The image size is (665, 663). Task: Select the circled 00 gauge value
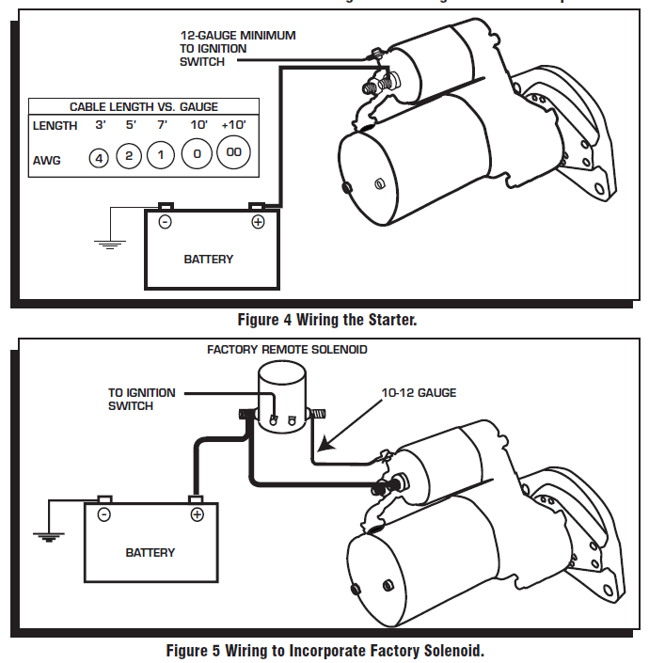point(234,153)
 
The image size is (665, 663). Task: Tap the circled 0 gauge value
point(197,155)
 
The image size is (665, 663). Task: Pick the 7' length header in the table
point(161,125)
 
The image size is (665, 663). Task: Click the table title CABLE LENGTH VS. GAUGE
point(144,107)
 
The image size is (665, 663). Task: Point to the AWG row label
point(46,160)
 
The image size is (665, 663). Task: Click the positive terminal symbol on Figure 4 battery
point(257,223)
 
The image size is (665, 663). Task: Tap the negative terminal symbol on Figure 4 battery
point(165,223)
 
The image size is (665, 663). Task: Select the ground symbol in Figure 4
point(110,245)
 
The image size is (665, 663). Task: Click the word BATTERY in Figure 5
point(150,552)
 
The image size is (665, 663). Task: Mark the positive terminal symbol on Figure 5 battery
point(197,514)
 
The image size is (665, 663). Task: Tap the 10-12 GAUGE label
point(420,392)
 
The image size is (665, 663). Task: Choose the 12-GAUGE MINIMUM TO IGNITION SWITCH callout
point(237,48)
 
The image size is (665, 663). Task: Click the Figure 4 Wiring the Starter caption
point(326,320)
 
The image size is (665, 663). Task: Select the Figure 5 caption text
point(325,650)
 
